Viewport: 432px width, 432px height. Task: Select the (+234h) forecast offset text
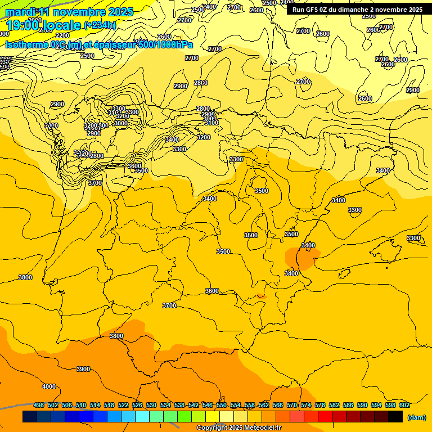pos(100,25)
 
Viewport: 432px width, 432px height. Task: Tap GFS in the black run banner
pos(312,10)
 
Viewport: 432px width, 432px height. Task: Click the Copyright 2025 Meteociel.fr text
pos(238,428)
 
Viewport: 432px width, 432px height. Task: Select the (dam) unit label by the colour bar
pos(416,417)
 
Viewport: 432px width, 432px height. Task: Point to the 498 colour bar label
pos(39,406)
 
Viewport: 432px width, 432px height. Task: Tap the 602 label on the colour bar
pos(404,406)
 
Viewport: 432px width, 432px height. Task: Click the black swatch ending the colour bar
pos(395,417)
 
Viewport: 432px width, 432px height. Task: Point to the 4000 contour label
pos(49,386)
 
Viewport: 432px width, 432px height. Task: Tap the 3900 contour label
pos(83,369)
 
